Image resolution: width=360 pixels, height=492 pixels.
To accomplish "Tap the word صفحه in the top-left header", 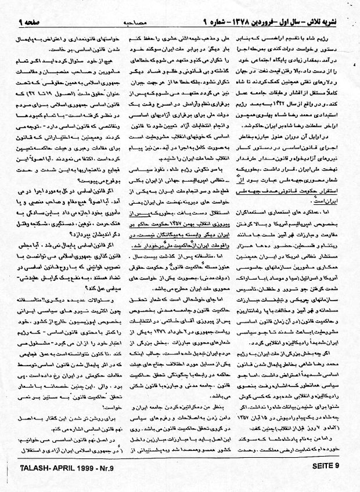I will coord(26,6).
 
